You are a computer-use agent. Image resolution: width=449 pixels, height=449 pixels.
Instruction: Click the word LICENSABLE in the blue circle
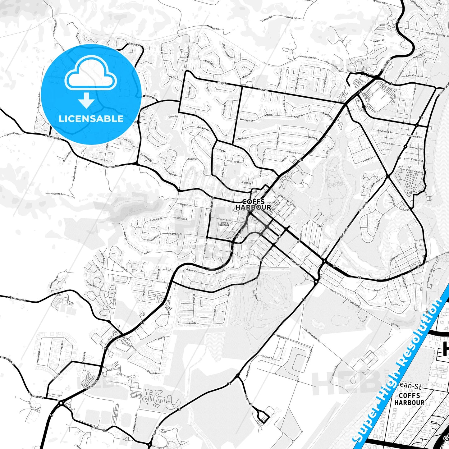(91, 119)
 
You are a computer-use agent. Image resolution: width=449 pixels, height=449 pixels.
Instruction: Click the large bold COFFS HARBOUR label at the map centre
(253, 204)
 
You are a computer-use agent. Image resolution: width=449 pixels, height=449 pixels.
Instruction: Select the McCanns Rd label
(57, 194)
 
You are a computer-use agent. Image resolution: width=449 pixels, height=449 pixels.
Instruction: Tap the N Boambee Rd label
(16, 298)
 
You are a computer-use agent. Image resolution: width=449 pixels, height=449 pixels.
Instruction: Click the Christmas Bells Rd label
(312, 335)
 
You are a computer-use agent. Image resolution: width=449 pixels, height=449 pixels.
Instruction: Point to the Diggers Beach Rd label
(434, 34)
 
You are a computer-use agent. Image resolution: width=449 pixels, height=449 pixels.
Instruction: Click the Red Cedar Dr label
(171, 172)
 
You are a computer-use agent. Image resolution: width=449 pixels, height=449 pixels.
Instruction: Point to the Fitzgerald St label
(413, 171)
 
